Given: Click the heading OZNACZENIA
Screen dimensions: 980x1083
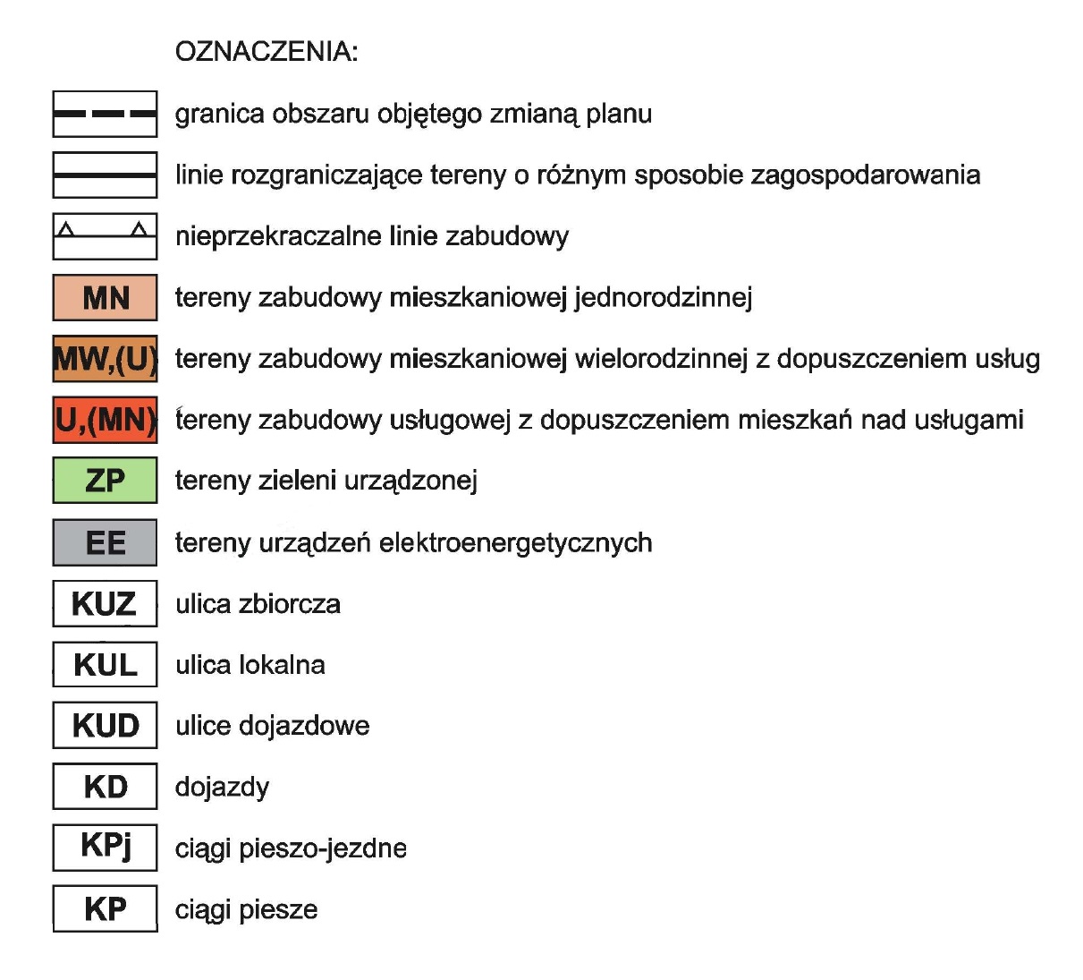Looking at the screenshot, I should click(266, 52).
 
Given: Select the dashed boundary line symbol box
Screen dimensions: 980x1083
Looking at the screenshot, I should click(105, 114).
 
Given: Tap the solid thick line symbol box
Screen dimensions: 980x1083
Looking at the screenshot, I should click(105, 175).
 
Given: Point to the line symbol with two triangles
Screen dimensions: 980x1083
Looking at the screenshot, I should click(105, 235).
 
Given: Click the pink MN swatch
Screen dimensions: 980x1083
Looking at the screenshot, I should click(105, 297).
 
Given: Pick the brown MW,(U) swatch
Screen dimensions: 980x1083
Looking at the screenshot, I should click(105, 359).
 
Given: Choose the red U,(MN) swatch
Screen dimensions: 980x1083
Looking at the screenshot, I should click(105, 420).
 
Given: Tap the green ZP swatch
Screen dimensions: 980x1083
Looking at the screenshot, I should click(105, 481).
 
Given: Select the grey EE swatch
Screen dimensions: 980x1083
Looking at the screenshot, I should click(105, 542).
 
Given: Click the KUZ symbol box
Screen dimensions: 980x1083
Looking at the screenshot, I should click(105, 604).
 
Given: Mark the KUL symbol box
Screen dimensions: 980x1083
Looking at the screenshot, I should click(105, 665).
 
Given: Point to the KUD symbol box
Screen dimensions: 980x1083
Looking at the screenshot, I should click(105, 726).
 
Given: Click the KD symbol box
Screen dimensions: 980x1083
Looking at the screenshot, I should click(105, 787).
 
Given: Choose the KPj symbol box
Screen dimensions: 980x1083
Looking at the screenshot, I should click(105, 847).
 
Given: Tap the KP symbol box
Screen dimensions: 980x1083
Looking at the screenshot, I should click(105, 908).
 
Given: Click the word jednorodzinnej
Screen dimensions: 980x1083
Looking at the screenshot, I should click(663, 297).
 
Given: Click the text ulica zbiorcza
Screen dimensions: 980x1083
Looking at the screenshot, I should click(258, 604).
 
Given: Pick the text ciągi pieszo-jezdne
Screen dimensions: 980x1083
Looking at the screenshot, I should click(291, 848).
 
